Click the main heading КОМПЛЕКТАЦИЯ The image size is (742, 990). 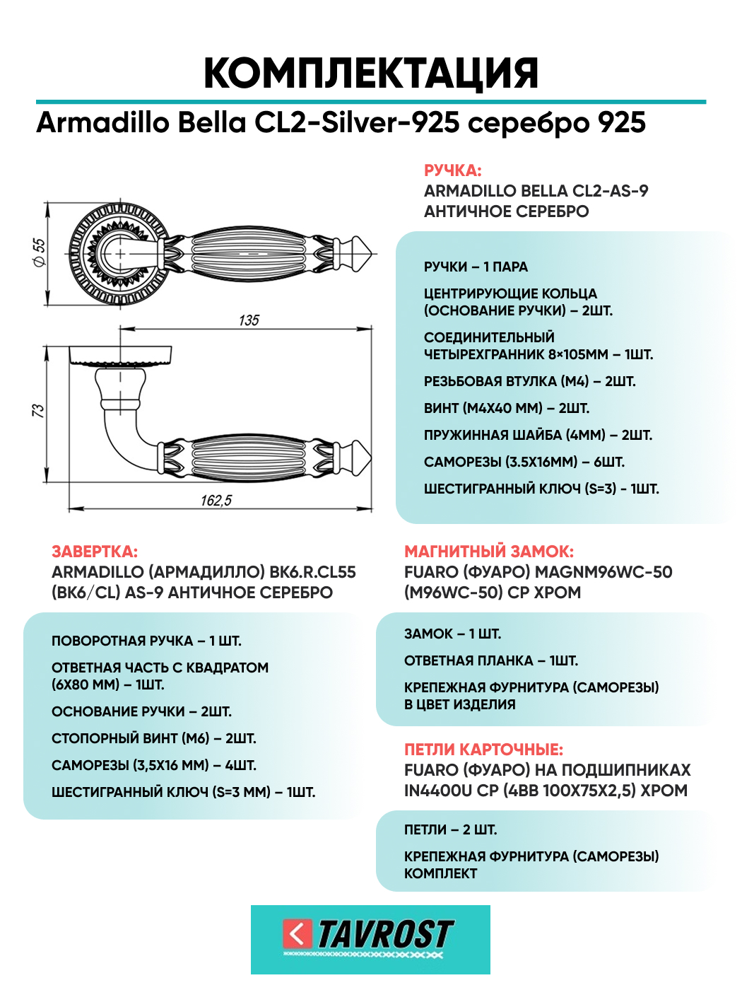371,74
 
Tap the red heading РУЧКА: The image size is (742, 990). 453,170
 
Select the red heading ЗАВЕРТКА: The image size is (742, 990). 95,552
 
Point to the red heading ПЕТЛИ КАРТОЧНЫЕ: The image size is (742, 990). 483,749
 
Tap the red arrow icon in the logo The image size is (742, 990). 297,934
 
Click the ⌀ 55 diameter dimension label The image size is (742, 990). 40,252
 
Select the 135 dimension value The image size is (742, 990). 249,320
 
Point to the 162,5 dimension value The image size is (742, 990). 216,500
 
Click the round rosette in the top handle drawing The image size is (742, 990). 120,254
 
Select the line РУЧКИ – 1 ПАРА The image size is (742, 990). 476,267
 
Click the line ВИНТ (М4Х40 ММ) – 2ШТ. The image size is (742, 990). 507,408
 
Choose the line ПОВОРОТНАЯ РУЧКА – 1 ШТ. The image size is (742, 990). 146,641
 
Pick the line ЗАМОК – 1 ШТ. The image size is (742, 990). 452,634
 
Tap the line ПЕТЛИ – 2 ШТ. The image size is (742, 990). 451,829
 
